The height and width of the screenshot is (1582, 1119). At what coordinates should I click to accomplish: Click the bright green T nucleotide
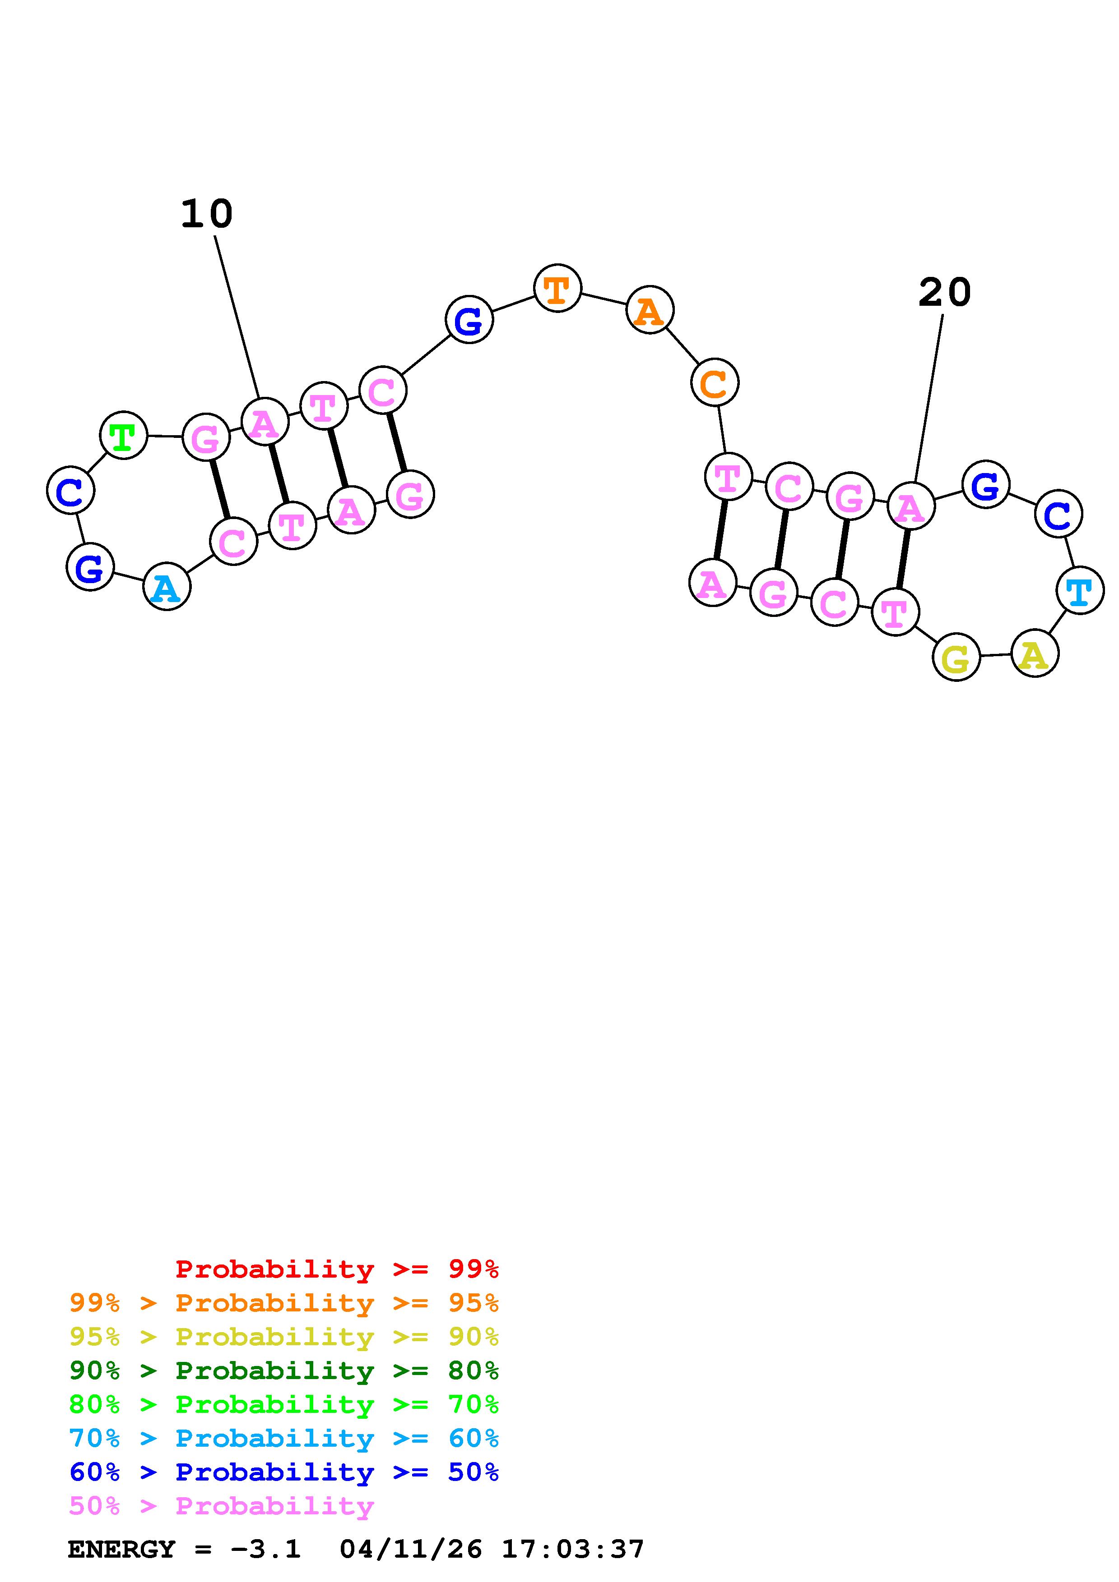coord(123,436)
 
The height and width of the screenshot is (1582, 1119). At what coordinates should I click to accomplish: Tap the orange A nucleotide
coord(650,310)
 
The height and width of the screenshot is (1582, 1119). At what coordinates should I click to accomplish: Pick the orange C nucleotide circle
coord(714,382)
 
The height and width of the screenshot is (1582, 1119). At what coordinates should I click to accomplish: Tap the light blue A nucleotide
coord(166,587)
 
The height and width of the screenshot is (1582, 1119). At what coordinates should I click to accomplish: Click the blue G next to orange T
coord(469,320)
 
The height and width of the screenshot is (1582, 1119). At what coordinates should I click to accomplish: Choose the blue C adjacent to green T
coord(70,491)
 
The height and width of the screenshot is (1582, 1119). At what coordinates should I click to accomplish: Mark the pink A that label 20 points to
coord(910,506)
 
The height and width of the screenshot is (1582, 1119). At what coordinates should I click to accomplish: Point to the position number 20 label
coord(945,292)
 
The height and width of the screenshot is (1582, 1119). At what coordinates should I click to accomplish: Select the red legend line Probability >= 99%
coord(337,1269)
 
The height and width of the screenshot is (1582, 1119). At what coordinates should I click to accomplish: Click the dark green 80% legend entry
coord(284,1370)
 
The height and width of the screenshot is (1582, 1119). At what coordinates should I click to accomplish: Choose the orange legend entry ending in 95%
coord(284,1303)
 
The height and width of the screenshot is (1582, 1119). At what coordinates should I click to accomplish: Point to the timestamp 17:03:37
coord(573,1550)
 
